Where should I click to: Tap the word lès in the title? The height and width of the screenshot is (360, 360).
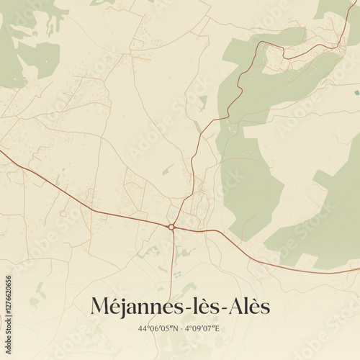(x=205, y=307)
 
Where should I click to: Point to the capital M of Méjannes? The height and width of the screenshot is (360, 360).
(x=101, y=307)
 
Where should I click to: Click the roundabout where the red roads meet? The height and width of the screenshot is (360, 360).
(x=171, y=227)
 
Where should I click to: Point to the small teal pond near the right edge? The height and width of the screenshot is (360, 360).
(x=356, y=93)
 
